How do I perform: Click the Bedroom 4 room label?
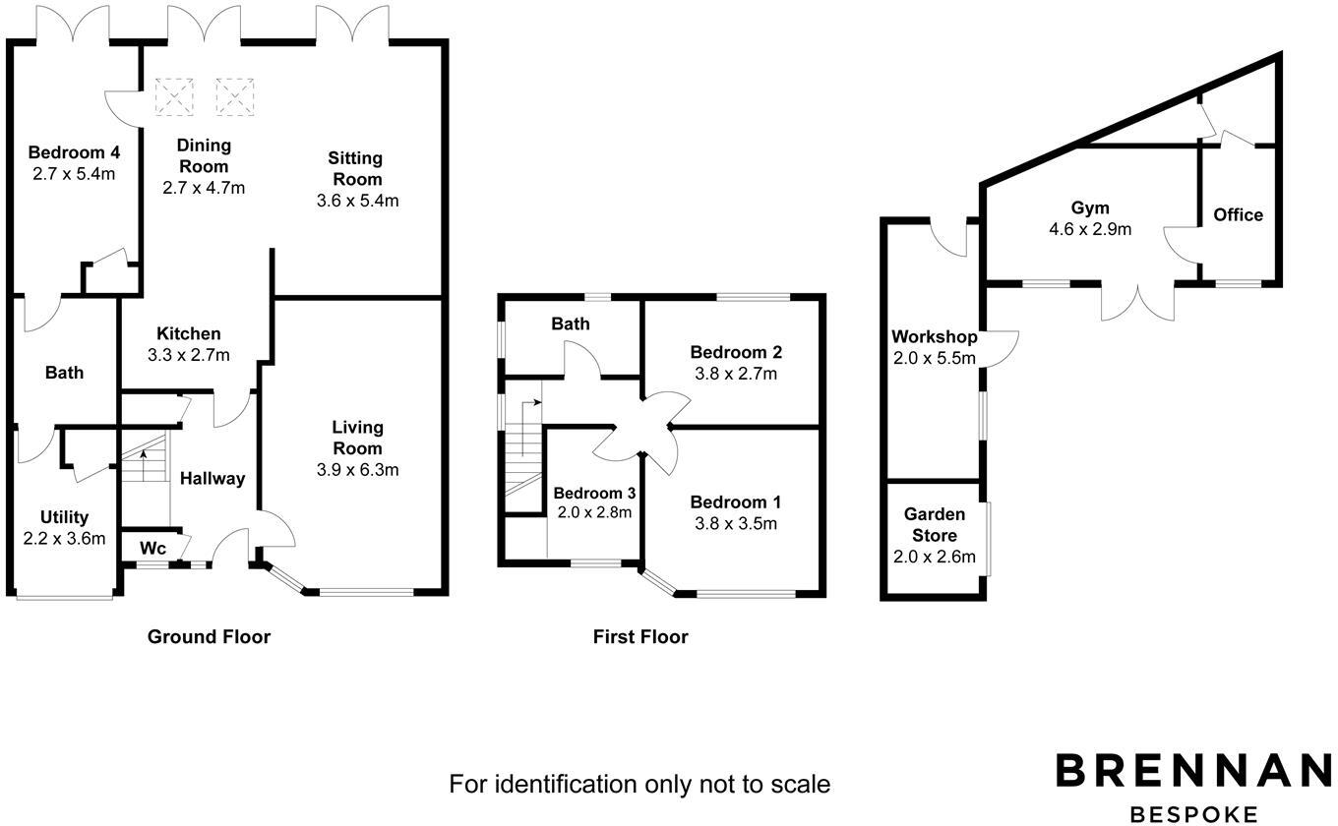74,152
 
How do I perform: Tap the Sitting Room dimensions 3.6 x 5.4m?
356,201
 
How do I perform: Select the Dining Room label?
204,155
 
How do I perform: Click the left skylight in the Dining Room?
174,96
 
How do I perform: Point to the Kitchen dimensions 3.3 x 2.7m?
188,355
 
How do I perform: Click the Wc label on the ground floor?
152,548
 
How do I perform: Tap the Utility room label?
64,517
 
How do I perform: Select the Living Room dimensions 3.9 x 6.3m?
357,470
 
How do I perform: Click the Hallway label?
212,479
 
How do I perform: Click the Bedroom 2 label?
736,352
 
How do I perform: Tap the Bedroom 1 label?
736,501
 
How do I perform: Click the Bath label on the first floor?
570,324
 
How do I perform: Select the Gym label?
1090,207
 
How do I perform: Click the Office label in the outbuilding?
1238,214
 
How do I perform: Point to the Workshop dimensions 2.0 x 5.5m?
934,358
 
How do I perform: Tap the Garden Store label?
935,525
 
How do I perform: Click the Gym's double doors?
1138,301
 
